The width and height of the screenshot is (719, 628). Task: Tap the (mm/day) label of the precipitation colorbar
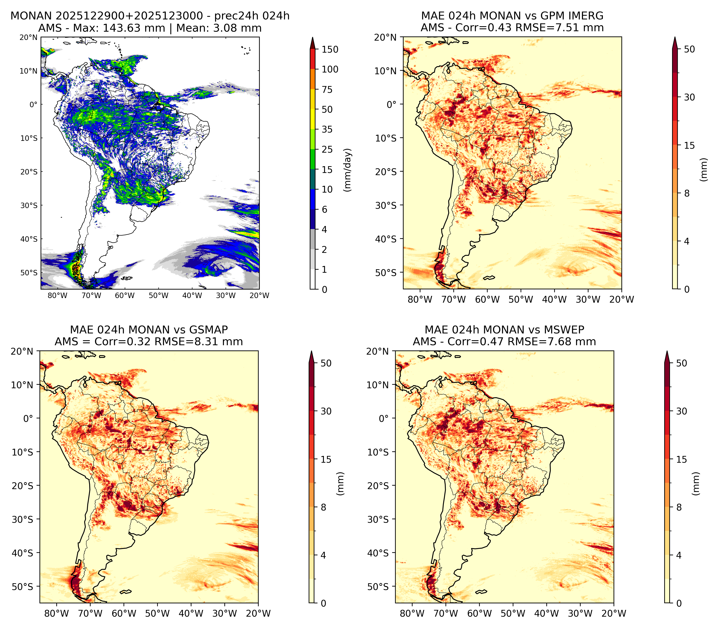click(x=347, y=170)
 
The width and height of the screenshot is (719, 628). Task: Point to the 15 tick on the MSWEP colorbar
click(x=681, y=459)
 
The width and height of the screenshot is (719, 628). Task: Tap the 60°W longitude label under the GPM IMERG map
click(x=487, y=300)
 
